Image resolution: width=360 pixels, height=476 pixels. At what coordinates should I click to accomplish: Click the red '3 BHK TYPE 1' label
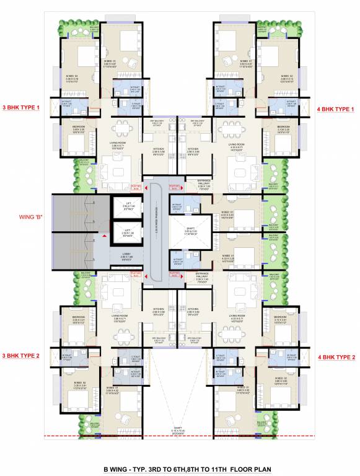pyautogui.click(x=21, y=108)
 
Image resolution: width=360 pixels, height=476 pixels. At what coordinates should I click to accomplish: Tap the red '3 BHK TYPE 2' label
pyautogui.click(x=21, y=356)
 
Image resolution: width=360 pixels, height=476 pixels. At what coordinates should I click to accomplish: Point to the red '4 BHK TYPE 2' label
pyautogui.click(x=337, y=357)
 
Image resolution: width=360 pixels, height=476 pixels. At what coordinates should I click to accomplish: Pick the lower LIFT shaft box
pyautogui.click(x=126, y=233)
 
